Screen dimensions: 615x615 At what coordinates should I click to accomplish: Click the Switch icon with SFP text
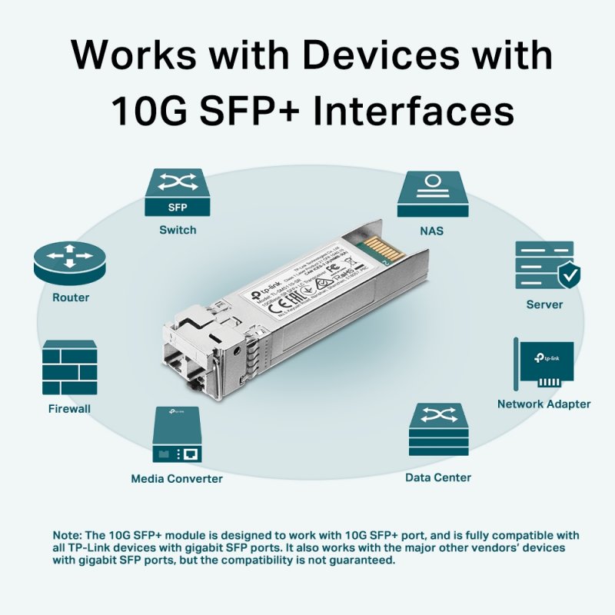point(177,193)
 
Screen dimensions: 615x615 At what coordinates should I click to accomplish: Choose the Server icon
point(545,265)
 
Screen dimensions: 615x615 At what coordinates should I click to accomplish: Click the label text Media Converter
point(177,479)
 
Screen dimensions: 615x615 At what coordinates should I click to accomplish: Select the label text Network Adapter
point(544,404)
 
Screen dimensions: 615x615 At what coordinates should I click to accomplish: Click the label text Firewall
point(69,409)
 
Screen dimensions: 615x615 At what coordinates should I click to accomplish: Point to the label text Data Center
point(438,477)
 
